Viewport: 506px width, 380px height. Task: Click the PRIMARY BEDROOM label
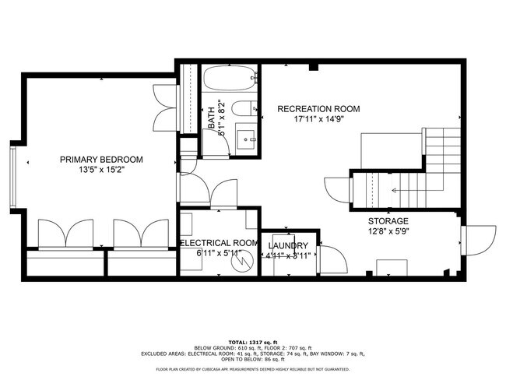[96, 160]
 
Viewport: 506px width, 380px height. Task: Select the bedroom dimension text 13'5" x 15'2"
[96, 170]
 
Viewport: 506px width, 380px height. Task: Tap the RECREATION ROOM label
[318, 109]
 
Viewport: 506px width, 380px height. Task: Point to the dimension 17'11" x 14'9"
[318, 119]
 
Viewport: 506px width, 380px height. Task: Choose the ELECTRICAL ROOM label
[219, 243]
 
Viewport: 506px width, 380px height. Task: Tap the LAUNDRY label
[289, 245]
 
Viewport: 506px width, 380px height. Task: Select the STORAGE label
[388, 221]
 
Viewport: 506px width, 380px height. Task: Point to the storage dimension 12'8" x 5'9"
[388, 231]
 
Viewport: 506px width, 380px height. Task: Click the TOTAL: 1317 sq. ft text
[252, 341]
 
